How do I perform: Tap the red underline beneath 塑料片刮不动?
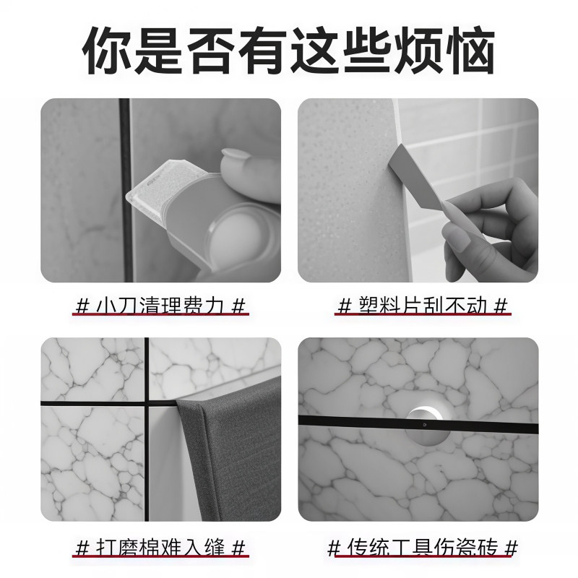coord(424,316)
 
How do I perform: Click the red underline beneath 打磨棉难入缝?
coord(162,556)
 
